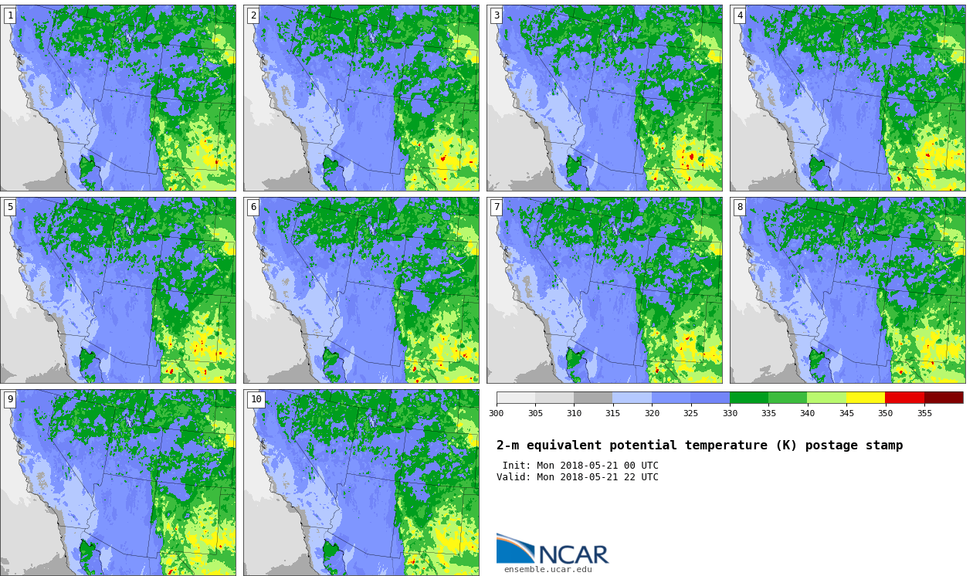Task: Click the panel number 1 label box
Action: click(9, 16)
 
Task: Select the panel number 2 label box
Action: click(253, 16)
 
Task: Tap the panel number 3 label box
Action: click(496, 16)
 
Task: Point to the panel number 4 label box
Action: click(739, 16)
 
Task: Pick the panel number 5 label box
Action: click(9, 207)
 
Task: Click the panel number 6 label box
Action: click(253, 207)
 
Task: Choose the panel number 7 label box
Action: click(496, 207)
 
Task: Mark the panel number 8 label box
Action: click(739, 207)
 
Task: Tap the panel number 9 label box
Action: click(9, 399)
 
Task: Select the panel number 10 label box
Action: click(256, 399)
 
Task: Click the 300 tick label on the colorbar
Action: click(497, 413)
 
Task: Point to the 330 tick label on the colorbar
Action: click(730, 413)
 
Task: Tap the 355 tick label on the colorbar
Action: click(924, 413)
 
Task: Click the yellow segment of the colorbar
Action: click(865, 398)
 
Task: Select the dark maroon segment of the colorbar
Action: click(944, 398)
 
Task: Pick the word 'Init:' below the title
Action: click(517, 466)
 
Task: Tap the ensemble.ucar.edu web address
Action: click(548, 570)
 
